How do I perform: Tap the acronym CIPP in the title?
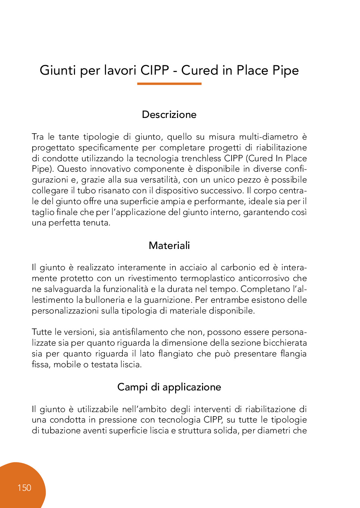[155, 70]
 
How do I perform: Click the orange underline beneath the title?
[169, 84]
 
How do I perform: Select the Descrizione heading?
[169, 115]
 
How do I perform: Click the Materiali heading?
[169, 246]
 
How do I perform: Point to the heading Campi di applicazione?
[169, 387]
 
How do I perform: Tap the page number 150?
[24, 488]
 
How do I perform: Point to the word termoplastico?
[207, 278]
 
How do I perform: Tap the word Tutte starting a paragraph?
[42, 332]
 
